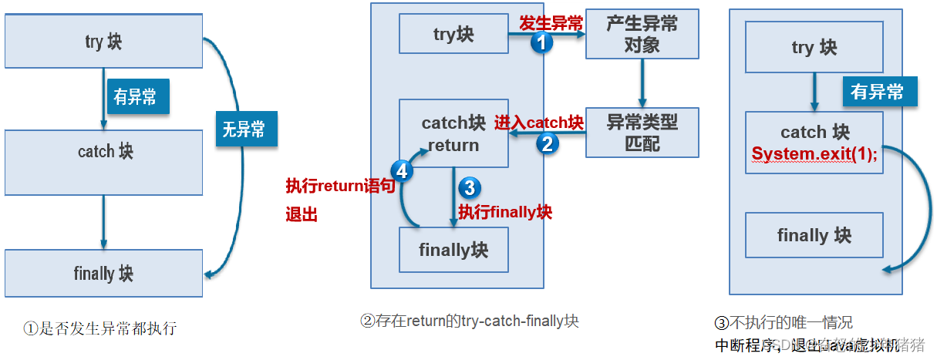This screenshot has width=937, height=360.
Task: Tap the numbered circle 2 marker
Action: point(548,143)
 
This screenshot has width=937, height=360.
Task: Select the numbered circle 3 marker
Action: point(469,187)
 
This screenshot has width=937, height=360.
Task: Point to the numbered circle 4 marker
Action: point(401,170)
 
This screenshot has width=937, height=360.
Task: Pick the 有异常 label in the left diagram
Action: point(137,96)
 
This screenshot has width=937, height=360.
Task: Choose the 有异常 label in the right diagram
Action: point(878,92)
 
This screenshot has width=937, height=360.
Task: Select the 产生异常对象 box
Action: point(642,34)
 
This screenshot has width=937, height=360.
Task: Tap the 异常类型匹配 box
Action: point(642,132)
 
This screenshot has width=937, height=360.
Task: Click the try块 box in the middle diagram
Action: point(453,34)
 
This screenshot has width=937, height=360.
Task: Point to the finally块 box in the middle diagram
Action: point(453,250)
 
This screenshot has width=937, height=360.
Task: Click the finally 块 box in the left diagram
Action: point(103,273)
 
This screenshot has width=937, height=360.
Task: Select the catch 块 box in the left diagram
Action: point(103,151)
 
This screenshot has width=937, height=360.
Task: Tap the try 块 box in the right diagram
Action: point(814,48)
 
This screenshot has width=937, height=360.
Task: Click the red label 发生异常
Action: point(551,23)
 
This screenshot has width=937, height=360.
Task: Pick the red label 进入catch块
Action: point(538,122)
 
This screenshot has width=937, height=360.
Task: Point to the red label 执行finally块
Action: point(505,212)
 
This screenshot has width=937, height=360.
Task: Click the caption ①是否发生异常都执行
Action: point(100,328)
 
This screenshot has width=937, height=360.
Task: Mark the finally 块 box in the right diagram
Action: point(814,235)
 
